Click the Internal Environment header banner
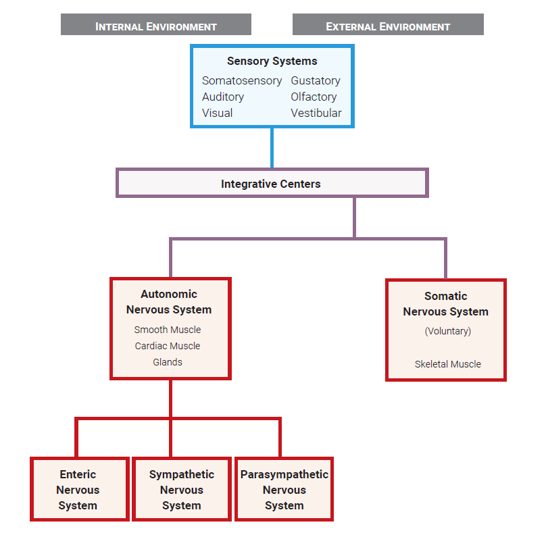(x=156, y=26)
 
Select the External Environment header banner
(x=388, y=26)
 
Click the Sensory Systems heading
(x=272, y=61)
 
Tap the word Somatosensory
(x=241, y=80)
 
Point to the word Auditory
(x=222, y=97)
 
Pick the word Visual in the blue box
(x=217, y=113)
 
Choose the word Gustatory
(x=315, y=80)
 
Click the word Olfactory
(x=314, y=97)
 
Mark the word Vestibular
(x=316, y=113)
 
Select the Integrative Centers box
(x=272, y=183)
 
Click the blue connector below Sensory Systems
(x=272, y=147)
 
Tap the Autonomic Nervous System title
(x=169, y=302)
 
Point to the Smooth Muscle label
(x=168, y=330)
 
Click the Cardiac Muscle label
(x=168, y=346)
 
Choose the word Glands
(x=168, y=362)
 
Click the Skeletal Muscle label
(x=447, y=364)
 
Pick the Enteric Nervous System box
(x=79, y=490)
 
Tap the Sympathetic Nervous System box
(x=181, y=490)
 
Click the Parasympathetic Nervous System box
(x=284, y=490)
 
